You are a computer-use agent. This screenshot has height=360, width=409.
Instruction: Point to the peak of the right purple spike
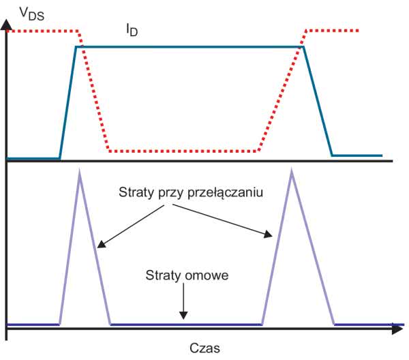(x=293, y=171)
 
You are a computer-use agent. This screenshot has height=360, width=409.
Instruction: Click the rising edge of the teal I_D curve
(x=67, y=103)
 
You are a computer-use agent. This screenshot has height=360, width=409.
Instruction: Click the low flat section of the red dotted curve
(x=184, y=151)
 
